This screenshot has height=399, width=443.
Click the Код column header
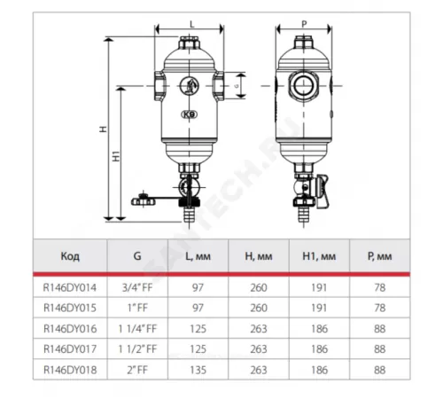(70, 256)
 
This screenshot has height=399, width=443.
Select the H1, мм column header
(319, 256)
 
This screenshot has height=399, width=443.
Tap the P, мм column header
(380, 256)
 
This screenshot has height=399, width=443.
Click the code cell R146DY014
(70, 287)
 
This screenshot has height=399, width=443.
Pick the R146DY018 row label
(70, 370)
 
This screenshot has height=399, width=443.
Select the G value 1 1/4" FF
(137, 329)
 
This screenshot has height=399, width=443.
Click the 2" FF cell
(137, 370)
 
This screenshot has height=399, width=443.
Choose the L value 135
(198, 370)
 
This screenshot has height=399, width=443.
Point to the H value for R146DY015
(259, 308)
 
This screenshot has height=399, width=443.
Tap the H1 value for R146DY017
(319, 349)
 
